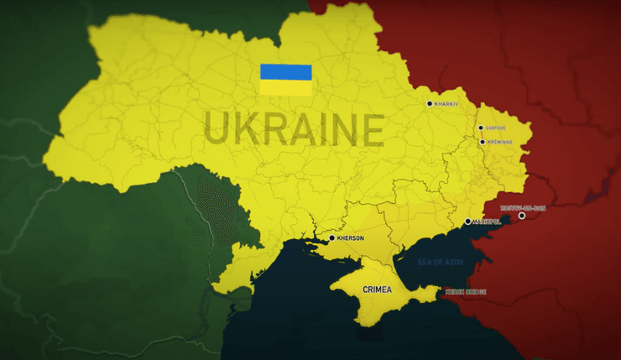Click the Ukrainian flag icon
click(285, 80)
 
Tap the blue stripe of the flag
click(285, 72)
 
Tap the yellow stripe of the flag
click(285, 87)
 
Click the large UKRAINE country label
click(294, 131)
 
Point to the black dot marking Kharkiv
click(430, 104)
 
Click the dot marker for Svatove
click(481, 128)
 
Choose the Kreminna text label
click(499, 142)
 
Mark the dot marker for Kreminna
click(482, 142)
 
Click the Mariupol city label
click(486, 222)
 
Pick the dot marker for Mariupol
click(468, 222)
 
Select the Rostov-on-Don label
click(523, 207)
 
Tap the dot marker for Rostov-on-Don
click(522, 216)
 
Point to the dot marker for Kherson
click(332, 238)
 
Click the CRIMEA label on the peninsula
click(377, 290)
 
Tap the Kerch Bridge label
click(466, 292)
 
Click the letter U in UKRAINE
click(217, 131)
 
